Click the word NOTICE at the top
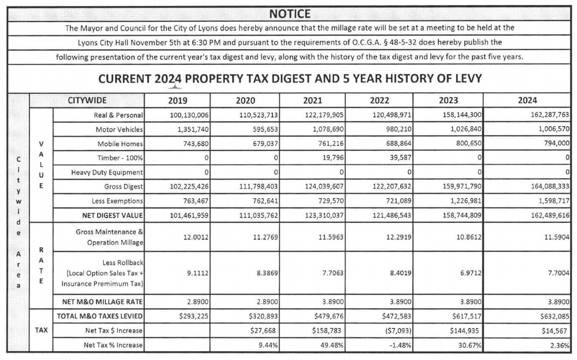coord(290,14)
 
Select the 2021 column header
coord(313,101)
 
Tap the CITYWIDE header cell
coord(87,101)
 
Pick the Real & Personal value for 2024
coord(549,115)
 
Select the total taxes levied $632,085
coord(555,316)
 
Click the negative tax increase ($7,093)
coord(395,330)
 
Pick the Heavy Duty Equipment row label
coord(107,173)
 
